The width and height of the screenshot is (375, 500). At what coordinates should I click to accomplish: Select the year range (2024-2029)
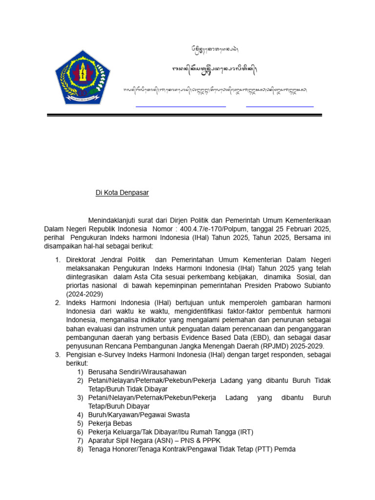point(84,294)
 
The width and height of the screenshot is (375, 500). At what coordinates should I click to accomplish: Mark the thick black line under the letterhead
point(185,115)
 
